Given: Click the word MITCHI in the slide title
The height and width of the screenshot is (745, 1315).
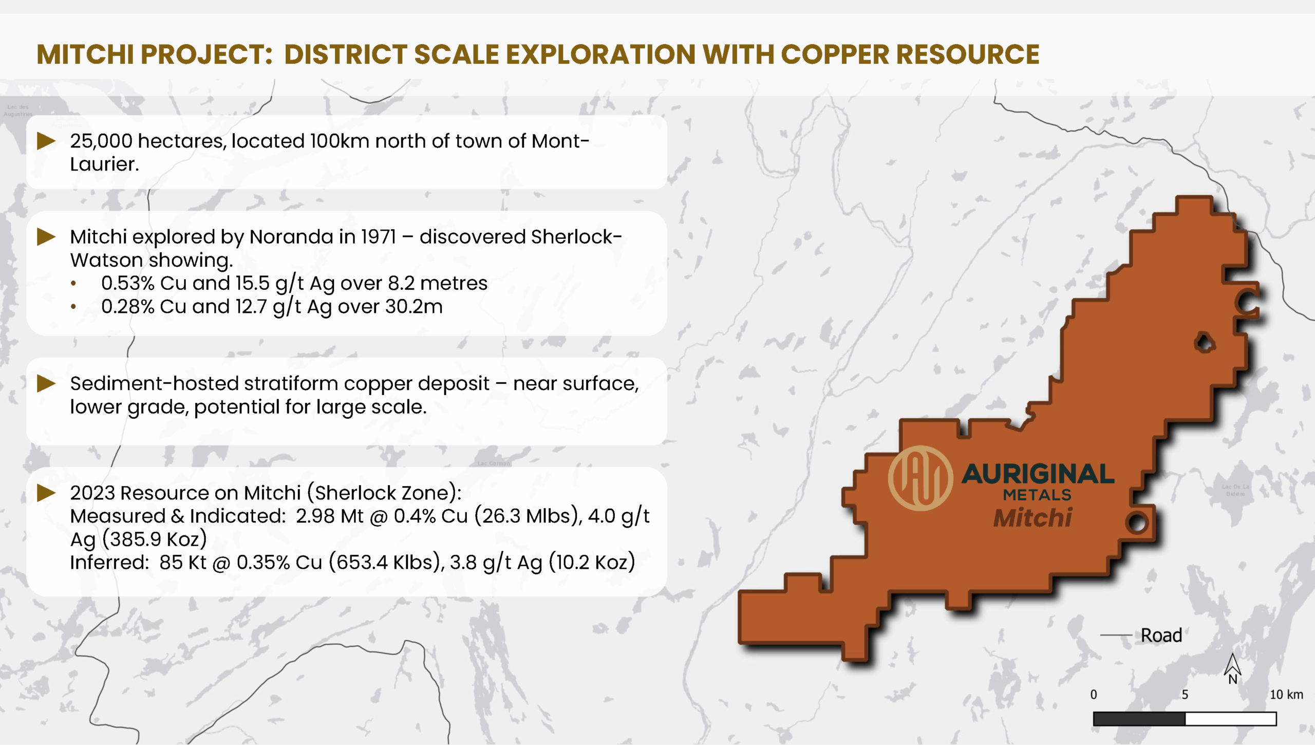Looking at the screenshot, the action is (x=85, y=54).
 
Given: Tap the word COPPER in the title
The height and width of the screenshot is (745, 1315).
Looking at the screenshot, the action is (x=835, y=54).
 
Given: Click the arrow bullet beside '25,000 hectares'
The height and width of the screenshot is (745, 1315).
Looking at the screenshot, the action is (x=46, y=141).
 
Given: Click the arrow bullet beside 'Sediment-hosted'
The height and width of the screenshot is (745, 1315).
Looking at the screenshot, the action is (x=46, y=383).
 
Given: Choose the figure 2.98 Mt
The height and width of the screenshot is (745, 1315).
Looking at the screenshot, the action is (x=330, y=516).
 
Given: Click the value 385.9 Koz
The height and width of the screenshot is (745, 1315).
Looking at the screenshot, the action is (x=154, y=539).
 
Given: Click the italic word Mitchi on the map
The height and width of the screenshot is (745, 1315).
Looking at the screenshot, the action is (x=1032, y=517).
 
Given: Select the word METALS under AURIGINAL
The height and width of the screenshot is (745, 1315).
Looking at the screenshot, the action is (x=1037, y=495).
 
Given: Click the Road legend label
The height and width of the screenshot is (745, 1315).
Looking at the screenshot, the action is (x=1161, y=636).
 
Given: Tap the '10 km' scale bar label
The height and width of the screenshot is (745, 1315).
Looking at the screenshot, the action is (x=1286, y=695).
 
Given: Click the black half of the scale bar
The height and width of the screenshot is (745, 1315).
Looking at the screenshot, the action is (x=1139, y=719).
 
